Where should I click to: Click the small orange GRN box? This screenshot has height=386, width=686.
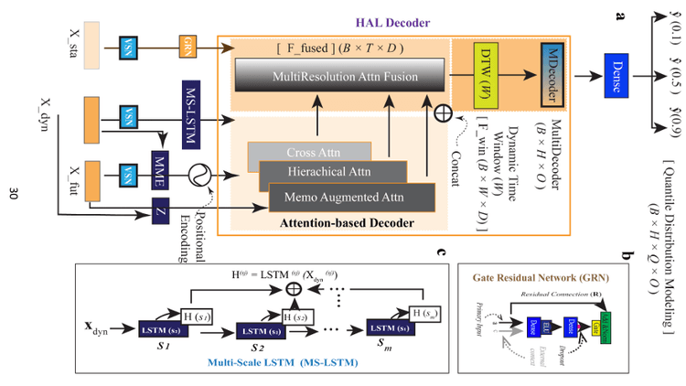(x=187, y=41)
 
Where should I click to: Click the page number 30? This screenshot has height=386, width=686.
(x=13, y=194)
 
